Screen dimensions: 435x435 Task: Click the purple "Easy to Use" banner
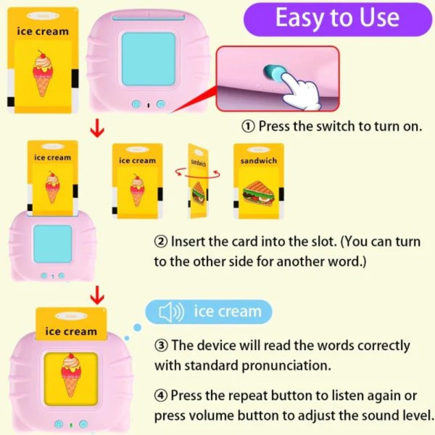338,19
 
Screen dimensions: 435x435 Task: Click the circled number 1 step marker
249,126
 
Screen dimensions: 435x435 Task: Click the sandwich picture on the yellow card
258,193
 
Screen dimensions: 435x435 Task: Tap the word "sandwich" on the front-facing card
258,161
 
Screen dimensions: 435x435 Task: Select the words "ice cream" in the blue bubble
227,312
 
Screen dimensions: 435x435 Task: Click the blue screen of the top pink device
148,59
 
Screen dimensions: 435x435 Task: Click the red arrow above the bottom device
98,294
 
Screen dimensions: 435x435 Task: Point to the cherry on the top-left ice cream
42,55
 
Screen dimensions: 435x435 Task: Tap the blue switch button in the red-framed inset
272,72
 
